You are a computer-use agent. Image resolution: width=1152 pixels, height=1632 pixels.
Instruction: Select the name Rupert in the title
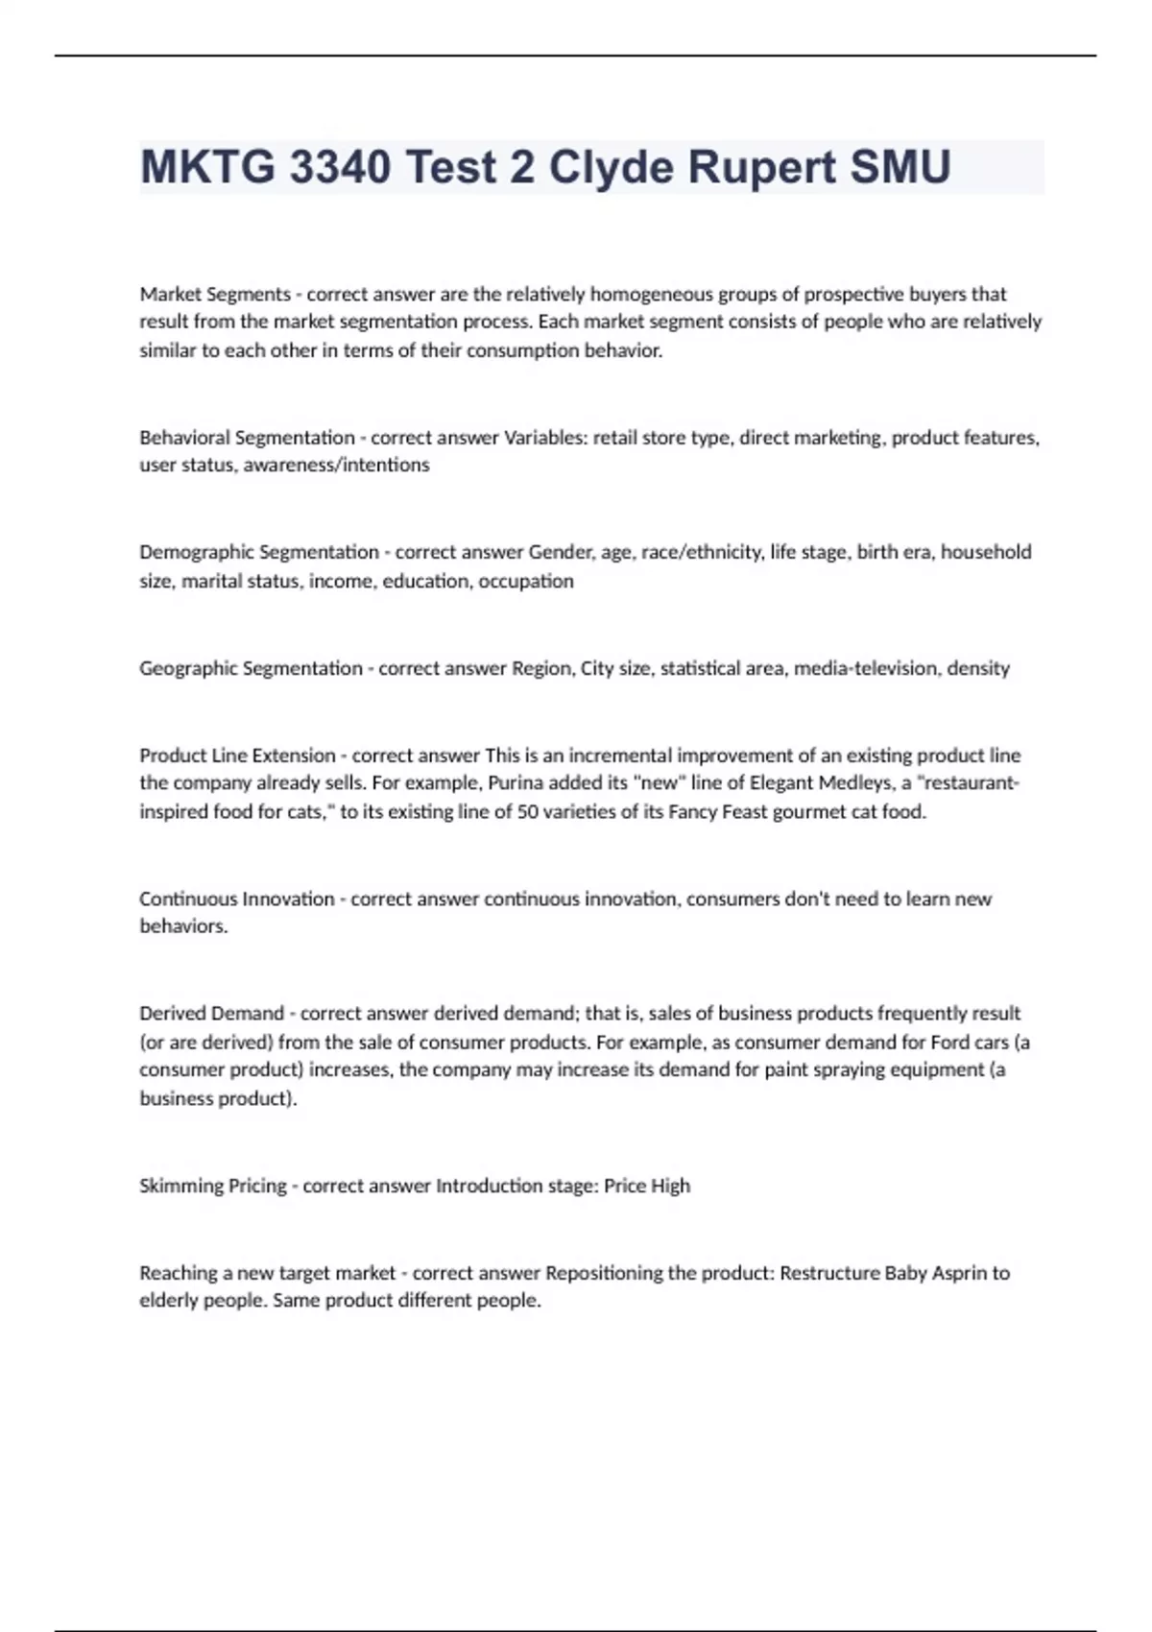point(762,167)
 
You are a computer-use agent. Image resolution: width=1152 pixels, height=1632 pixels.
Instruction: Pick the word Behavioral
point(184,438)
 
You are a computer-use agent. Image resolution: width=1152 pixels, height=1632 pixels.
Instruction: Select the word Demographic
point(196,552)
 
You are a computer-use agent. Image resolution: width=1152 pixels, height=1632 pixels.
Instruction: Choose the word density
point(978,668)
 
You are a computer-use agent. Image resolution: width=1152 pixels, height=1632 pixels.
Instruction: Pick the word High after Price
point(670,1186)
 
